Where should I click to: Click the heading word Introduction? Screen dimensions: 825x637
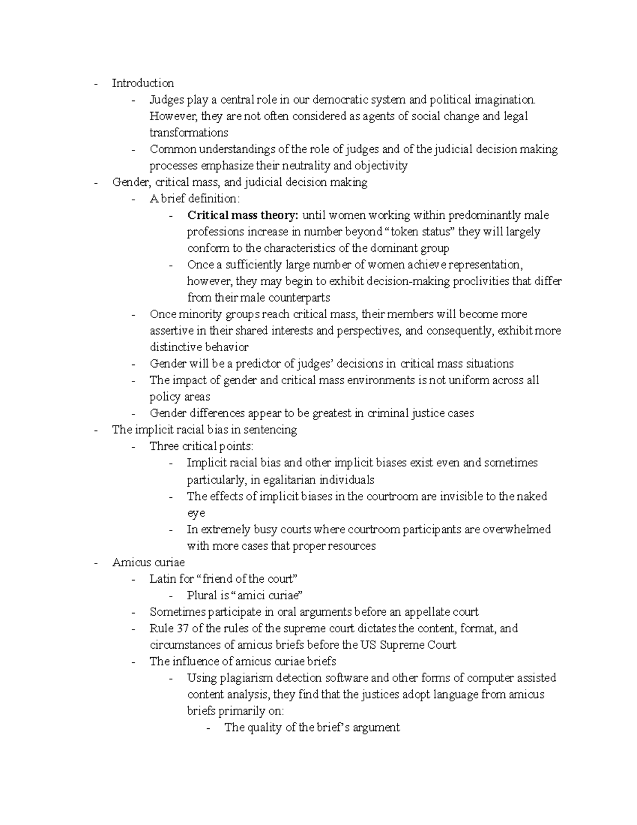click(143, 83)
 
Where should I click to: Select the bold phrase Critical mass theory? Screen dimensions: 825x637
click(243, 215)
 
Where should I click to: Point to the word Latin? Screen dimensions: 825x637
click(163, 579)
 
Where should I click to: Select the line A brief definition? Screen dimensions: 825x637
click(195, 199)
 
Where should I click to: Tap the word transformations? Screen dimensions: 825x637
click(188, 133)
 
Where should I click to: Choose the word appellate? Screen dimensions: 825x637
click(425, 612)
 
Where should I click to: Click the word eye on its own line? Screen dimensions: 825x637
click(196, 513)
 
